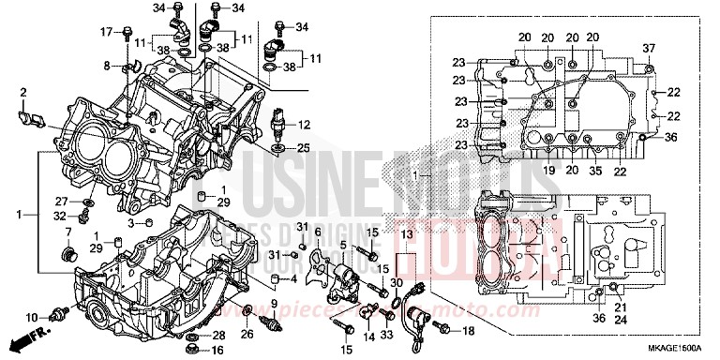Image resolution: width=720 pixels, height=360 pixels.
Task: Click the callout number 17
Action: (x=106, y=32)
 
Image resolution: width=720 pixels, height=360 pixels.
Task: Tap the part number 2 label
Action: (x=22, y=92)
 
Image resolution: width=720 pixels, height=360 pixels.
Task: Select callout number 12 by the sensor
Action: (x=304, y=125)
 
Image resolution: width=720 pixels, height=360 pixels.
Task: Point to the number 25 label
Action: (x=304, y=148)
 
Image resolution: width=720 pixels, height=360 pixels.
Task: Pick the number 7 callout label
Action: (x=67, y=232)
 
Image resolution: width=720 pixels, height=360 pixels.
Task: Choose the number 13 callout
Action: (x=406, y=232)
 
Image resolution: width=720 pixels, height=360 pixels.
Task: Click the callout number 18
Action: (x=468, y=331)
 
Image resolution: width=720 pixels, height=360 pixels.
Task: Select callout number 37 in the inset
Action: (x=648, y=48)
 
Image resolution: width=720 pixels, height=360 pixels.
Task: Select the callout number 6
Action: (x=317, y=232)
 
